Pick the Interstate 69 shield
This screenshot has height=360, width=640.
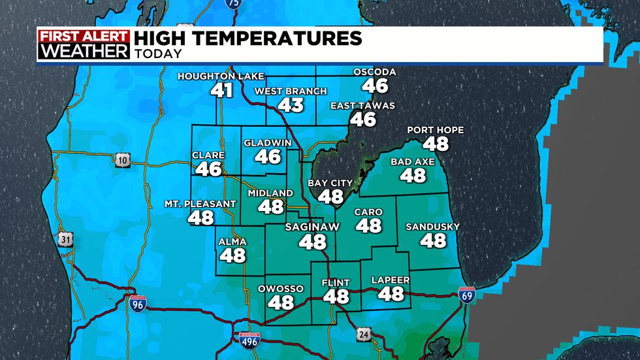pos(467,295)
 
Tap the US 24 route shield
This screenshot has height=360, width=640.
pos(363,335)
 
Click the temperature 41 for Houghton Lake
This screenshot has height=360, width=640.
pos(222,89)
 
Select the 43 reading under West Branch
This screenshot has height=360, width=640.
pos(291,104)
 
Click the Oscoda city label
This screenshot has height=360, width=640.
pos(375,72)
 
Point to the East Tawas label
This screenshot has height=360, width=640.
pos(362,106)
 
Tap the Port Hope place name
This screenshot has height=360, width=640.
pos(435,130)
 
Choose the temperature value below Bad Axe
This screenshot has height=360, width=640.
pos(413,174)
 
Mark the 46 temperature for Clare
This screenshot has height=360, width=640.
pos(208,169)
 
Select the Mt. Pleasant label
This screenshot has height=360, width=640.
pos(200,204)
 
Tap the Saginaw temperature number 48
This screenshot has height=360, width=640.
pos(312,241)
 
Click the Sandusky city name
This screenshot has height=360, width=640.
pos(432,227)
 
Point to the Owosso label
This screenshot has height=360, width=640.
pos(281,289)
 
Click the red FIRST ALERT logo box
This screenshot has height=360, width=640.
pos(84,36)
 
